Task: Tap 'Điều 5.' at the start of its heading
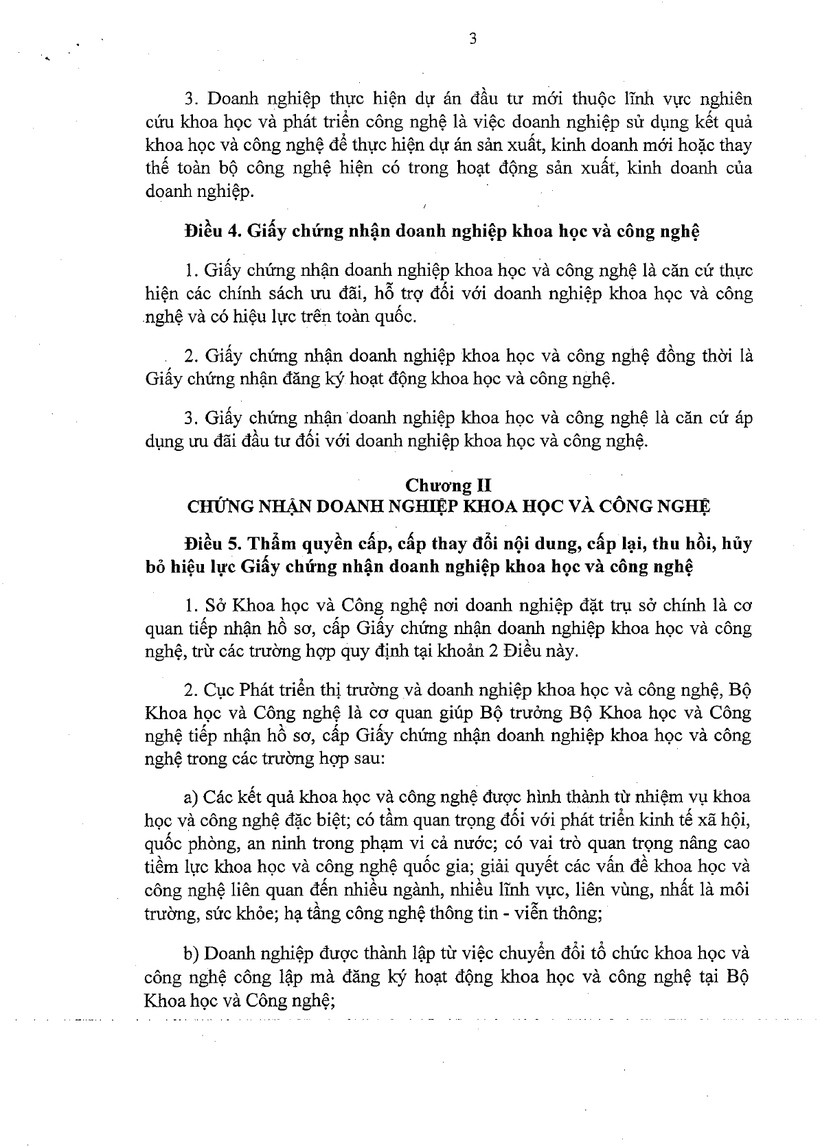click(207, 544)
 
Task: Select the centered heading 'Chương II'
click(448, 486)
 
